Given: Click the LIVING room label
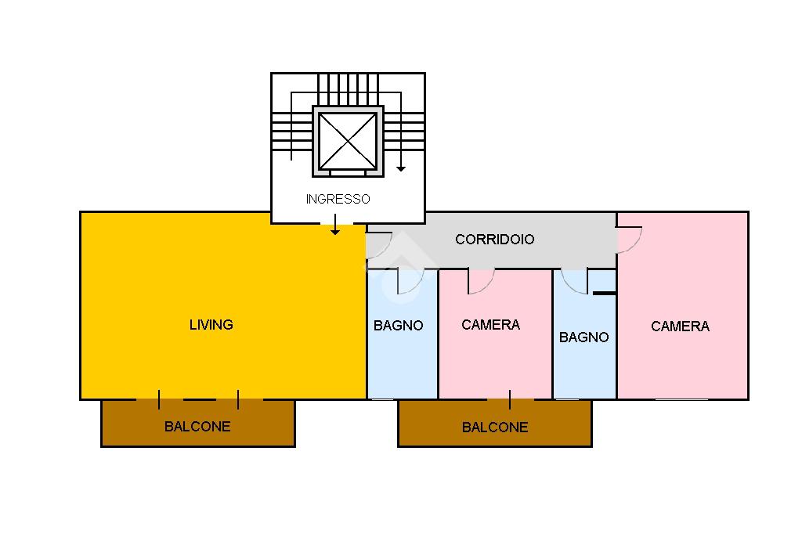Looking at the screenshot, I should coord(211,324).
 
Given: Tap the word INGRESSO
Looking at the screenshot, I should coord(338,199).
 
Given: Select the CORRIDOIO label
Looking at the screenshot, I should coord(495,239).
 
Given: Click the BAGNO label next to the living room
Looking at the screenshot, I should coord(398,325).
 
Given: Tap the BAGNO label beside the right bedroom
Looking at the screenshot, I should coord(583,337).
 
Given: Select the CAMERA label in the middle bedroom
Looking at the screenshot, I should coord(490,324).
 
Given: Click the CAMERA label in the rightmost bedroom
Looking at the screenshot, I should coord(680,326).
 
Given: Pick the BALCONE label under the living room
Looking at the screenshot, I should coord(197,427).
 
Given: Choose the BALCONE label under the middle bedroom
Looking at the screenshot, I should coord(495,427).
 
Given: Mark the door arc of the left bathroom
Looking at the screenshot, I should coord(410,283).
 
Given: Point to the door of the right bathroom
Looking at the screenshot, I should coord(575,282).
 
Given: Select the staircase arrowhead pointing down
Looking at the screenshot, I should coord(401,168).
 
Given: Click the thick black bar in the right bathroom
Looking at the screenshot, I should coord(604,293).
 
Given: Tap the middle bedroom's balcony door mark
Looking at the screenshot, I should coord(510,400).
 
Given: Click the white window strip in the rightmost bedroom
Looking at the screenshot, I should coord(681,399).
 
